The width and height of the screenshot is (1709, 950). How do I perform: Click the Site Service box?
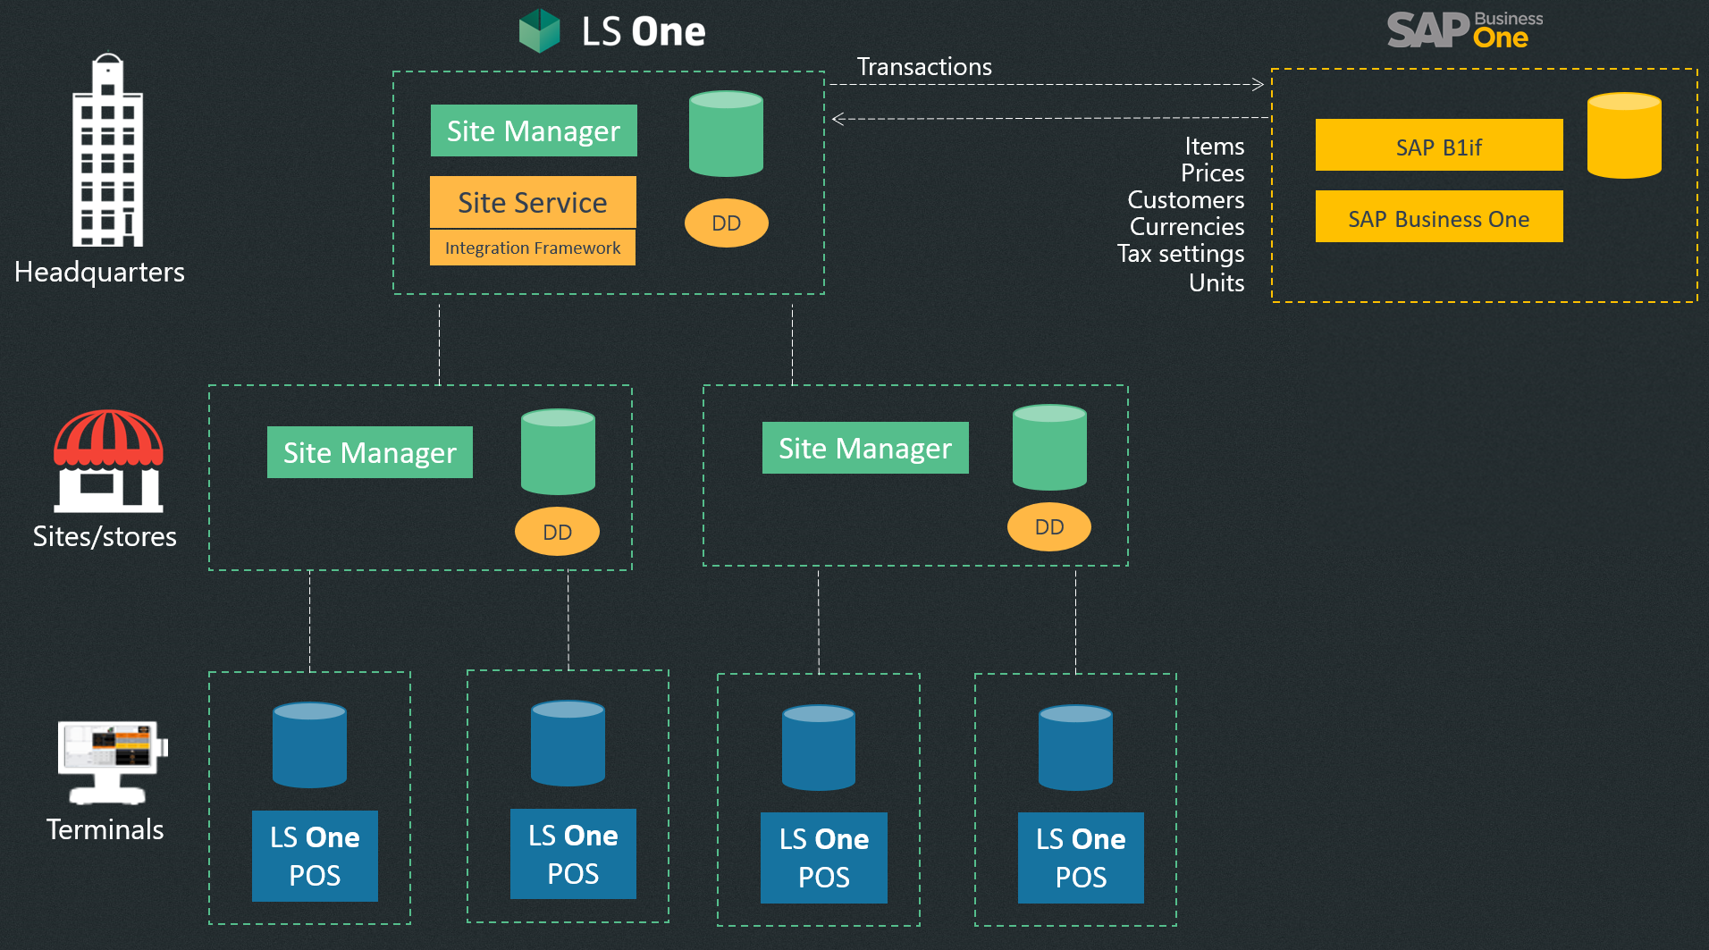click(x=533, y=203)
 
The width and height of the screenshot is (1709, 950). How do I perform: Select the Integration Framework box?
click(x=533, y=248)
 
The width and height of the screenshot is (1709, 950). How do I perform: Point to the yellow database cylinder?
click(x=1623, y=136)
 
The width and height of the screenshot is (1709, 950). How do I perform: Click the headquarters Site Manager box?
click(x=533, y=131)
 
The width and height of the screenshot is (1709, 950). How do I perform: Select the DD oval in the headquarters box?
click(x=726, y=223)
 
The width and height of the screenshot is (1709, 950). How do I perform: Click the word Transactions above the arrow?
click(x=924, y=67)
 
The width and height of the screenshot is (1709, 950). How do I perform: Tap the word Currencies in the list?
click(x=1186, y=227)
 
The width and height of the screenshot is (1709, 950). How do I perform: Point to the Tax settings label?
click(x=1180, y=254)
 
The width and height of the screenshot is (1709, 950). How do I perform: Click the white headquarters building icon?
click(x=107, y=152)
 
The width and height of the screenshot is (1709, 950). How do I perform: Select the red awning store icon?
click(x=108, y=461)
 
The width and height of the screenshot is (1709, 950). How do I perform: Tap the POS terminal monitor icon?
click(x=111, y=761)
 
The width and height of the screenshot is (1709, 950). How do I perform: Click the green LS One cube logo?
click(x=539, y=30)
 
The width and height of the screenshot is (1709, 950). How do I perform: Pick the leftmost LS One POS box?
click(x=315, y=855)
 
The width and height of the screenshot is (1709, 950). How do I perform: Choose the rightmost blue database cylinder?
click(x=1075, y=747)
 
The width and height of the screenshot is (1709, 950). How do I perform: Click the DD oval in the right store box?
click(x=1048, y=527)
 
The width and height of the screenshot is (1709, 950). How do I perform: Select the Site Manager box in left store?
click(x=369, y=452)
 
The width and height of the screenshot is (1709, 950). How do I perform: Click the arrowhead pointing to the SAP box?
click(x=1259, y=85)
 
